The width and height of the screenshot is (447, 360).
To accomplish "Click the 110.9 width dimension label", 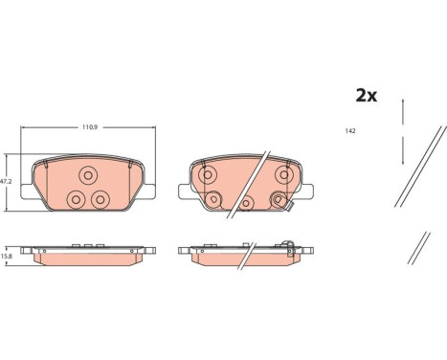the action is (90, 127).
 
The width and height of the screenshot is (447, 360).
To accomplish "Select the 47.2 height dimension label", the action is (6, 182).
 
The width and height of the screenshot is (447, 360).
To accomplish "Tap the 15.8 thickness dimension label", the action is (5, 256).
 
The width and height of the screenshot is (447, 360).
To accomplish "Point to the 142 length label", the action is (350, 131).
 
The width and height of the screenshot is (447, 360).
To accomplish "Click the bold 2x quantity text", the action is (367, 96).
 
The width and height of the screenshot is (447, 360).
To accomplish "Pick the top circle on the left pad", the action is (88, 175).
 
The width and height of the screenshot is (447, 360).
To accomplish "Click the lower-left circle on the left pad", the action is (76, 200).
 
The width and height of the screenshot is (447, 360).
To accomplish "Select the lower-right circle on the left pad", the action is (101, 200).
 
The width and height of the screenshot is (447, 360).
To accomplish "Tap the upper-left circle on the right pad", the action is (208, 174).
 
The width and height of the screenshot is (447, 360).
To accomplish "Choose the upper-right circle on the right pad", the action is (284, 174).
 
